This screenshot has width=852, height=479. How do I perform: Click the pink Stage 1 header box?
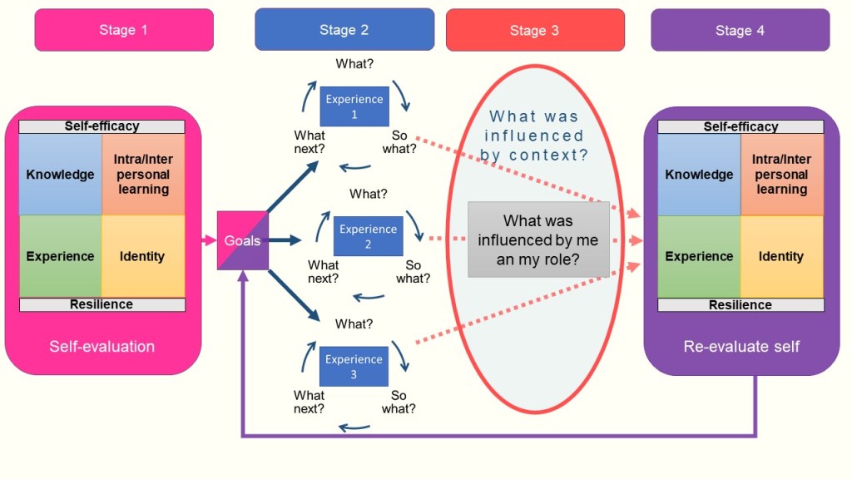[123, 30]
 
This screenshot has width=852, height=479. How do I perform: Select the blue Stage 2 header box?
[344, 30]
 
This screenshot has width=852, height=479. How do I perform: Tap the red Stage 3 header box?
[534, 31]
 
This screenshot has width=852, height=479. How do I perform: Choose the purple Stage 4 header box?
[740, 31]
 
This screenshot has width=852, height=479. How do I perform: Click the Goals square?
[243, 240]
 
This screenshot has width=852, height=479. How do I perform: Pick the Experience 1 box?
[354, 106]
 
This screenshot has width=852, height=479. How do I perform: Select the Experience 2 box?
[368, 236]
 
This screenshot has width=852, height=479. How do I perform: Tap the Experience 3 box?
[354, 366]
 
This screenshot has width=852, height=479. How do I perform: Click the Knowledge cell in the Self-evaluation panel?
[60, 175]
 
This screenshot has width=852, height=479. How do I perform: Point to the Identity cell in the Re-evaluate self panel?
[781, 256]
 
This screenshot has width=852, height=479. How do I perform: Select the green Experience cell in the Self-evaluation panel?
[60, 256]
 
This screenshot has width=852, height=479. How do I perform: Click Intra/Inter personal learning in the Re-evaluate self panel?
[781, 175]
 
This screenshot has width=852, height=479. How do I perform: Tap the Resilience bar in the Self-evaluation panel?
[102, 304]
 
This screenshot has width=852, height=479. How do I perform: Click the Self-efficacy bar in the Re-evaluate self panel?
[741, 126]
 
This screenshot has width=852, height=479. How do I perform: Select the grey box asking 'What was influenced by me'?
[538, 239]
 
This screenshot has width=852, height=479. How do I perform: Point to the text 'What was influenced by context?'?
[536, 136]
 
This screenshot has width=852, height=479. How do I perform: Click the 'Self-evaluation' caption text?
[102, 346]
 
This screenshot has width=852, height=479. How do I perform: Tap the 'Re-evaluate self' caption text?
[741, 346]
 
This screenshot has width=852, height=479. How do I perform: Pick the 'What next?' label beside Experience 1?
[310, 142]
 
